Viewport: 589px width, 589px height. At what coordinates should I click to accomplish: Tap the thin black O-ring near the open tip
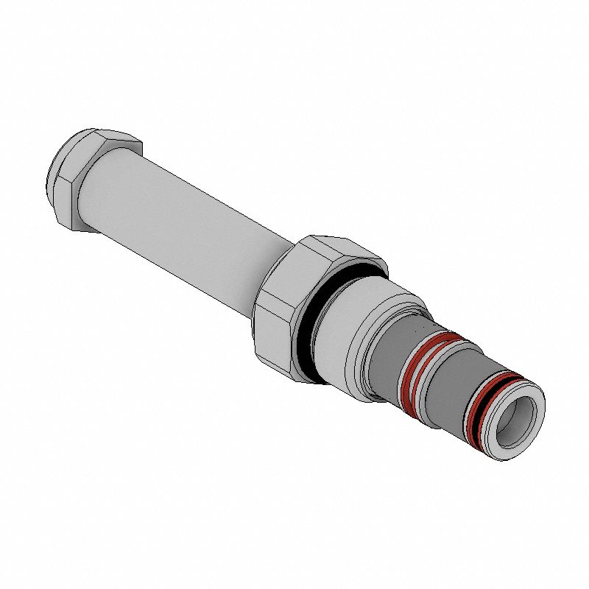[479, 412]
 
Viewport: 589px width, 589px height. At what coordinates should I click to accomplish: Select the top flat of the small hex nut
[103, 135]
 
